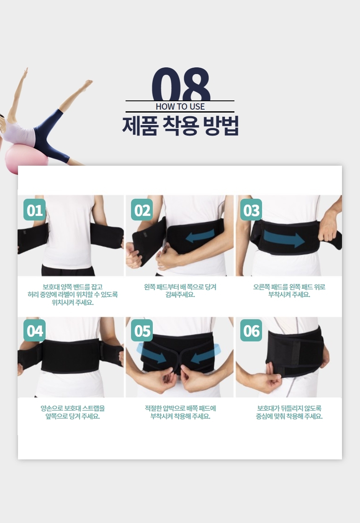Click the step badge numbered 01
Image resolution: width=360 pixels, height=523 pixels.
point(35,210)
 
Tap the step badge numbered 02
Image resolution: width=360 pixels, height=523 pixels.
point(142,210)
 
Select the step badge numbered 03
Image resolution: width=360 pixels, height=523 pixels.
point(251,210)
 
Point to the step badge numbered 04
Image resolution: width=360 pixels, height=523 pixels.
point(35,331)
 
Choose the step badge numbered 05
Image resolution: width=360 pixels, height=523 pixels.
point(142,331)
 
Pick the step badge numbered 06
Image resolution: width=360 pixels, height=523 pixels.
point(251,331)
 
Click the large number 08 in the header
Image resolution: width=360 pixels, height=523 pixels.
point(181,84)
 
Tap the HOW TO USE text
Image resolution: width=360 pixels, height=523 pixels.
point(180,107)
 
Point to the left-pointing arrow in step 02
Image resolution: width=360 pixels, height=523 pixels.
point(200,236)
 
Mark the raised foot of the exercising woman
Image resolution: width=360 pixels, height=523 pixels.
point(88,83)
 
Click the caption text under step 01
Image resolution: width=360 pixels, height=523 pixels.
point(73,295)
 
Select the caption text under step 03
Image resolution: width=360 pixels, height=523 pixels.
point(289,291)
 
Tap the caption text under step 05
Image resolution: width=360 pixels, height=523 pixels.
point(180,412)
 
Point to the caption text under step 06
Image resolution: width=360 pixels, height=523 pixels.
point(289,412)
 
